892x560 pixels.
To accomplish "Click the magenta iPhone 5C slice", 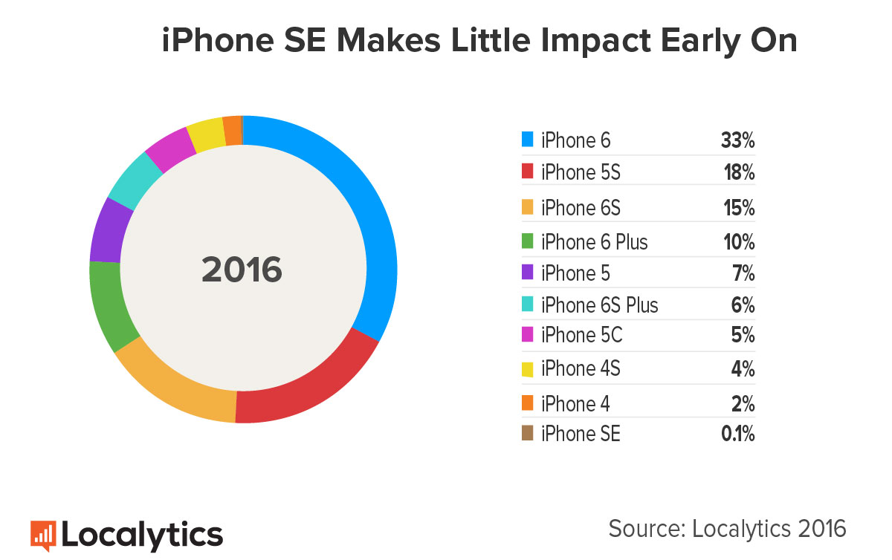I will pyautogui.click(x=169, y=147).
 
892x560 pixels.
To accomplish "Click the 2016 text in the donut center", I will pyautogui.click(x=242, y=270).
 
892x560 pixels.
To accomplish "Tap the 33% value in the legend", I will pyautogui.click(x=737, y=140).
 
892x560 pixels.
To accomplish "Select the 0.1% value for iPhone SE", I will pyautogui.click(x=737, y=434).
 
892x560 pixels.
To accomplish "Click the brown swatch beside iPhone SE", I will pyautogui.click(x=528, y=434).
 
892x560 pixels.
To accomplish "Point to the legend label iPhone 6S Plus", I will pyautogui.click(x=599, y=305).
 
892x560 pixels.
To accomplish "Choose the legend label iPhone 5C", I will pyautogui.click(x=581, y=336).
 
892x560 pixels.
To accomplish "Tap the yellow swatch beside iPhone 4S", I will pyautogui.click(x=528, y=368).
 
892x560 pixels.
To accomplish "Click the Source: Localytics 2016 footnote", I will pyautogui.click(x=727, y=528).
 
